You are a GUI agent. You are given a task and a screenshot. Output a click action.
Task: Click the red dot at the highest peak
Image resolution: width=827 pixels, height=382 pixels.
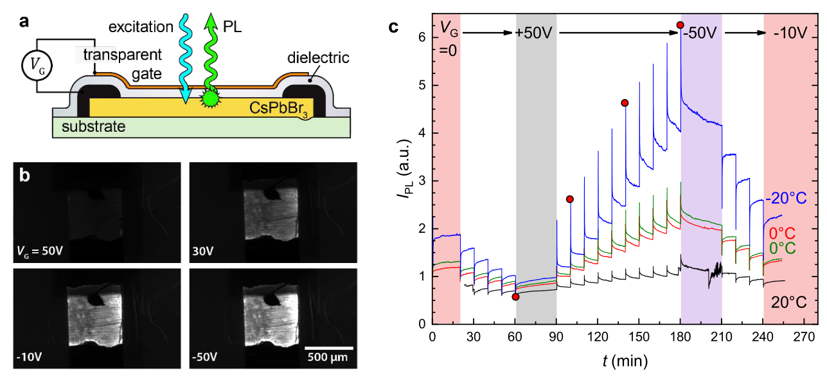click(x=680, y=25)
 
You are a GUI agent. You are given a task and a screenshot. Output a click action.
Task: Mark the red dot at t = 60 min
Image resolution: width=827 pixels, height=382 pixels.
click(x=515, y=296)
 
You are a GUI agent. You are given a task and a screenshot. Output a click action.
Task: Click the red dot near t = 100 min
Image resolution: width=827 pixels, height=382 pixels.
click(x=569, y=199)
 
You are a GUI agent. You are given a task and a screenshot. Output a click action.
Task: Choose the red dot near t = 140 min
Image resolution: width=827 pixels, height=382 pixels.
click(x=625, y=103)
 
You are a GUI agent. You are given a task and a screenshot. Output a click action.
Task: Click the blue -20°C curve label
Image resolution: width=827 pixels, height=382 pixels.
click(x=785, y=198)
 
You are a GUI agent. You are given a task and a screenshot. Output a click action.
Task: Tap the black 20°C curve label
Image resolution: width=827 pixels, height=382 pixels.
click(x=788, y=300)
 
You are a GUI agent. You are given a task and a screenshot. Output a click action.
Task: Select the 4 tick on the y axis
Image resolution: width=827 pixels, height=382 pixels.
click(x=422, y=133)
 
